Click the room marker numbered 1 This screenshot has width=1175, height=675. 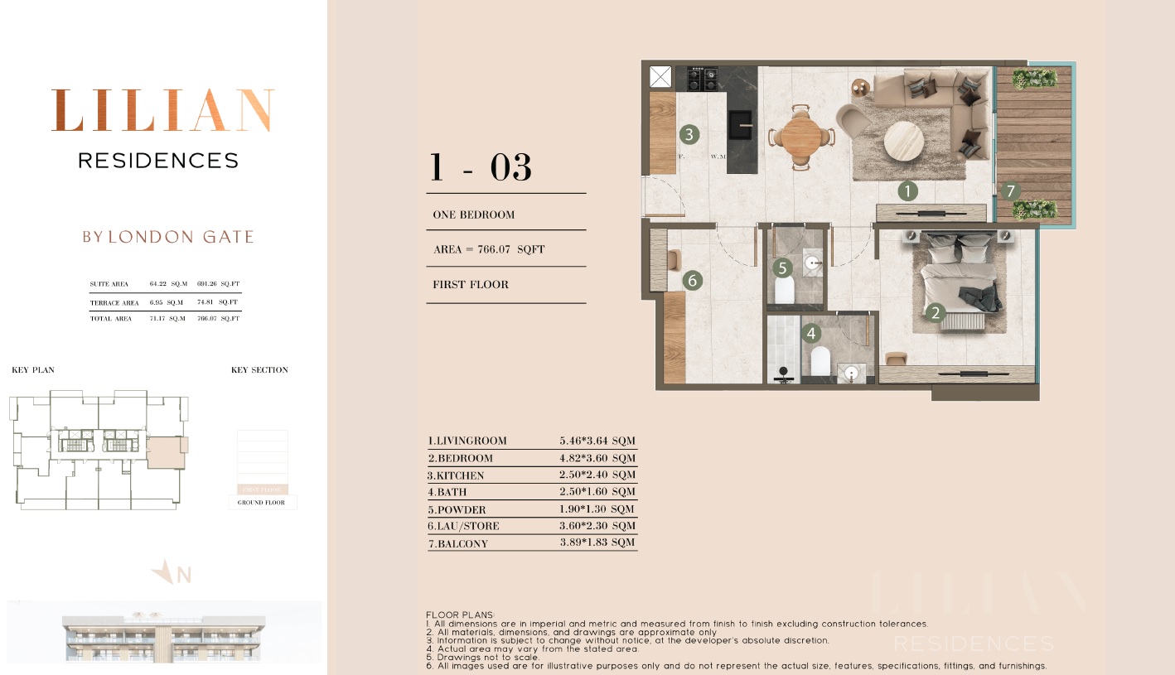908,191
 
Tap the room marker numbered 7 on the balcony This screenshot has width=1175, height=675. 1009,190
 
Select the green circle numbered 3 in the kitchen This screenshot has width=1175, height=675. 689,134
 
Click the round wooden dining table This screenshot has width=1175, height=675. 800,136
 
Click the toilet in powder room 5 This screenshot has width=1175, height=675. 784,289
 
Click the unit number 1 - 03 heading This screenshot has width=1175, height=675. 480,167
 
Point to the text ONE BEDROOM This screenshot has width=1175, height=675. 473,215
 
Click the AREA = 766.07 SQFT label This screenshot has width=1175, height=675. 489,249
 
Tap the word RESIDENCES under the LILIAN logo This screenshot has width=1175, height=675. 158,160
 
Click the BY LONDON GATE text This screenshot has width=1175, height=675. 167,237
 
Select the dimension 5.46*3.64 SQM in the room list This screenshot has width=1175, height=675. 597,441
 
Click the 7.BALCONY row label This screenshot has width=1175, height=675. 458,544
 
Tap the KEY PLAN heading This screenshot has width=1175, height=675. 33,369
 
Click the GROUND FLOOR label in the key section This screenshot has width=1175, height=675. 262,503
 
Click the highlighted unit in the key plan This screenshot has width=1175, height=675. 166,452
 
